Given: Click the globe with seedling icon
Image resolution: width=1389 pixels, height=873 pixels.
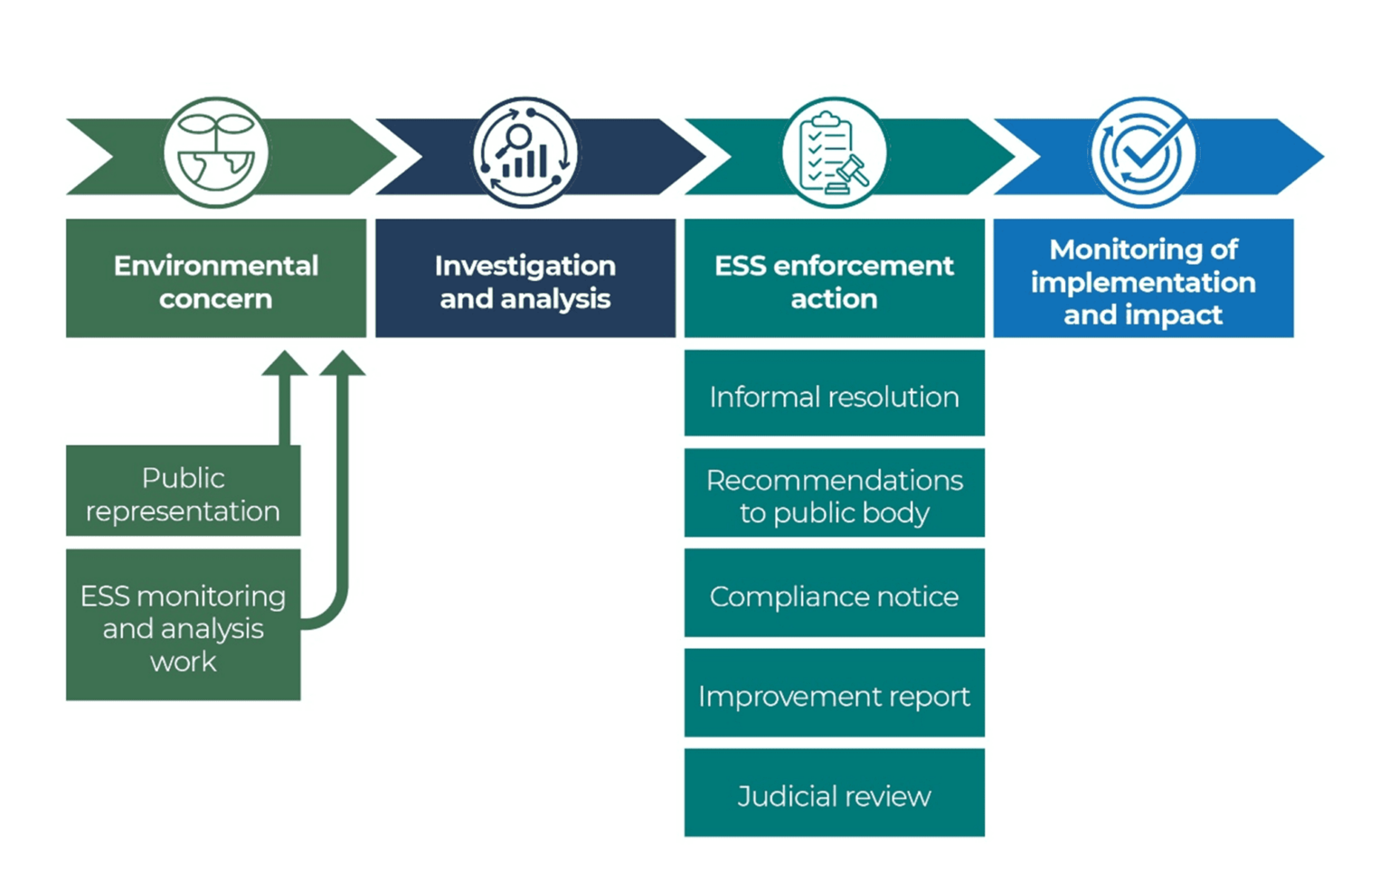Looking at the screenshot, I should (x=215, y=153).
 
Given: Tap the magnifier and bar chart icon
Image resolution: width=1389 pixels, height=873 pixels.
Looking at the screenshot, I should (x=524, y=153).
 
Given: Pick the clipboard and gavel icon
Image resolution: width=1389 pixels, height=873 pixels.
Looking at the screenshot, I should (x=834, y=153).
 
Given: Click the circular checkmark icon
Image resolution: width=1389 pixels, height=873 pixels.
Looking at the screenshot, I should (x=1143, y=153).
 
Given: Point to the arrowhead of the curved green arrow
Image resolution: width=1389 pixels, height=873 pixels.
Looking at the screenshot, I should (x=342, y=363).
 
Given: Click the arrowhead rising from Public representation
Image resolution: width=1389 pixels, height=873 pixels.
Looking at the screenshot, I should (x=285, y=363).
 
